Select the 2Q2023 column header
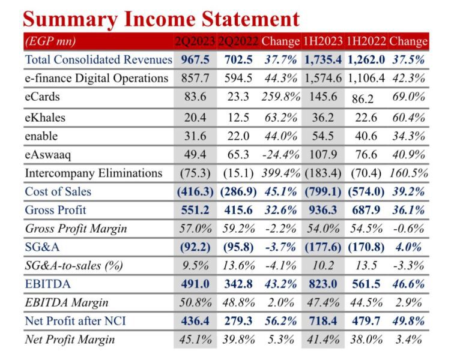coord(194,42)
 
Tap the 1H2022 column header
coord(366,42)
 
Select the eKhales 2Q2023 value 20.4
coord(195,118)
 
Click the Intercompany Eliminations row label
coord(93,173)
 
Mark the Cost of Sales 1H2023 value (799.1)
coord(323,192)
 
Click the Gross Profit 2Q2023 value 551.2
coord(195,211)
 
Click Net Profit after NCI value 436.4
coord(195,321)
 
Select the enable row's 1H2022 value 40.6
coord(366,136)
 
